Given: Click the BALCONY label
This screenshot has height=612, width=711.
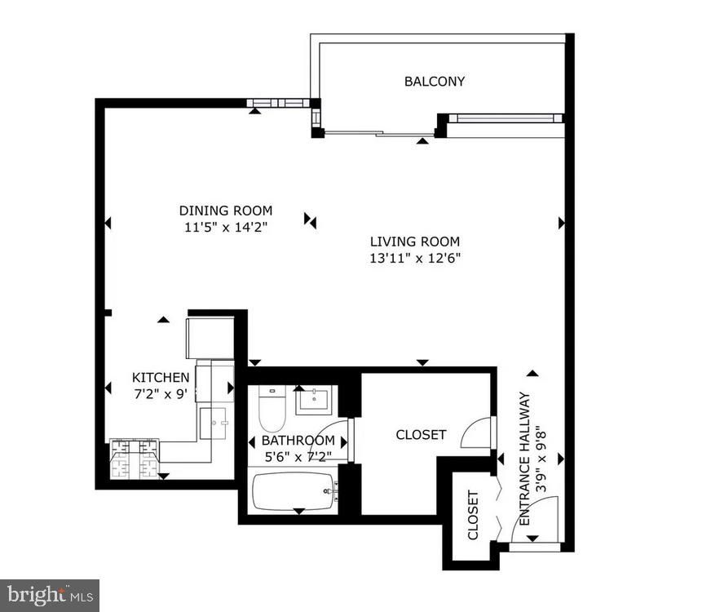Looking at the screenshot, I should coord(435,82).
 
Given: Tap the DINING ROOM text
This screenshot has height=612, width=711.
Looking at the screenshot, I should coord(226,211).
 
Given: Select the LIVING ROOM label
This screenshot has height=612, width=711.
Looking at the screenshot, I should coord(414,242).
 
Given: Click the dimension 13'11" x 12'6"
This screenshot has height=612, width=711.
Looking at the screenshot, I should coord(416,259).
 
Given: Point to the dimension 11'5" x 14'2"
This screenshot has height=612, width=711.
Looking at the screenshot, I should coord(226,227).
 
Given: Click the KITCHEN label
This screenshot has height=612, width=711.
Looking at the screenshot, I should coord(161,377).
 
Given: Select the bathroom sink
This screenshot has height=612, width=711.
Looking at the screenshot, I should coord(313,401).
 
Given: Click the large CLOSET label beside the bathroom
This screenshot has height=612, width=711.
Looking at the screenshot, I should coord(421,434).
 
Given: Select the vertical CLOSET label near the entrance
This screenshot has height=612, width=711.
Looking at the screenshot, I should coord(474,515).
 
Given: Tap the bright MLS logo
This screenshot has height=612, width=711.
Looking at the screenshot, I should coord(49,595).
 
